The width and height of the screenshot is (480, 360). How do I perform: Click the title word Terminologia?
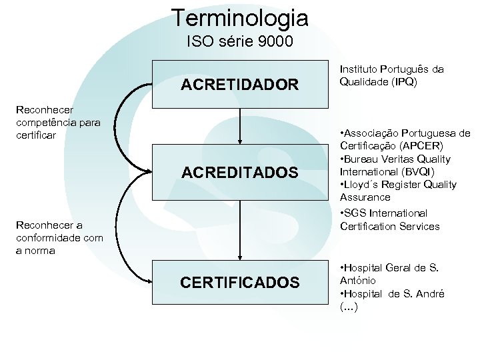pyautogui.click(x=239, y=17)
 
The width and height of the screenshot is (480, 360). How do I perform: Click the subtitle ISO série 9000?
pyautogui.click(x=239, y=42)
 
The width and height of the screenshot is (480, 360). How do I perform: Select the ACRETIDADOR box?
pyautogui.click(x=239, y=85)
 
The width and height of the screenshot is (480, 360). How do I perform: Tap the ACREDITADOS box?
pyautogui.click(x=239, y=173)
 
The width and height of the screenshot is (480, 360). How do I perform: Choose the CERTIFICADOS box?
pyautogui.click(x=239, y=283)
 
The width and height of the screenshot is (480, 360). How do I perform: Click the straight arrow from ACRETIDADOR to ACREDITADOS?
pyautogui.click(x=239, y=127)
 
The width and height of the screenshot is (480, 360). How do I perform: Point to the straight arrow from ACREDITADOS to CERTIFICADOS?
pyautogui.click(x=239, y=230)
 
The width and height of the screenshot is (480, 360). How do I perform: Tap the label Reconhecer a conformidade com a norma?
pyautogui.click(x=59, y=238)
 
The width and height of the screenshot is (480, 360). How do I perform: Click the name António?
pyautogui.click(x=358, y=281)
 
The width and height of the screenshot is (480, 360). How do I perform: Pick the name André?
pyautogui.click(x=431, y=294)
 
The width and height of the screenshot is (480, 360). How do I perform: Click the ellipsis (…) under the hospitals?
pyautogui.click(x=349, y=307)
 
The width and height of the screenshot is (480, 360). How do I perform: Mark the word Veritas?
pyautogui.click(x=397, y=159)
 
